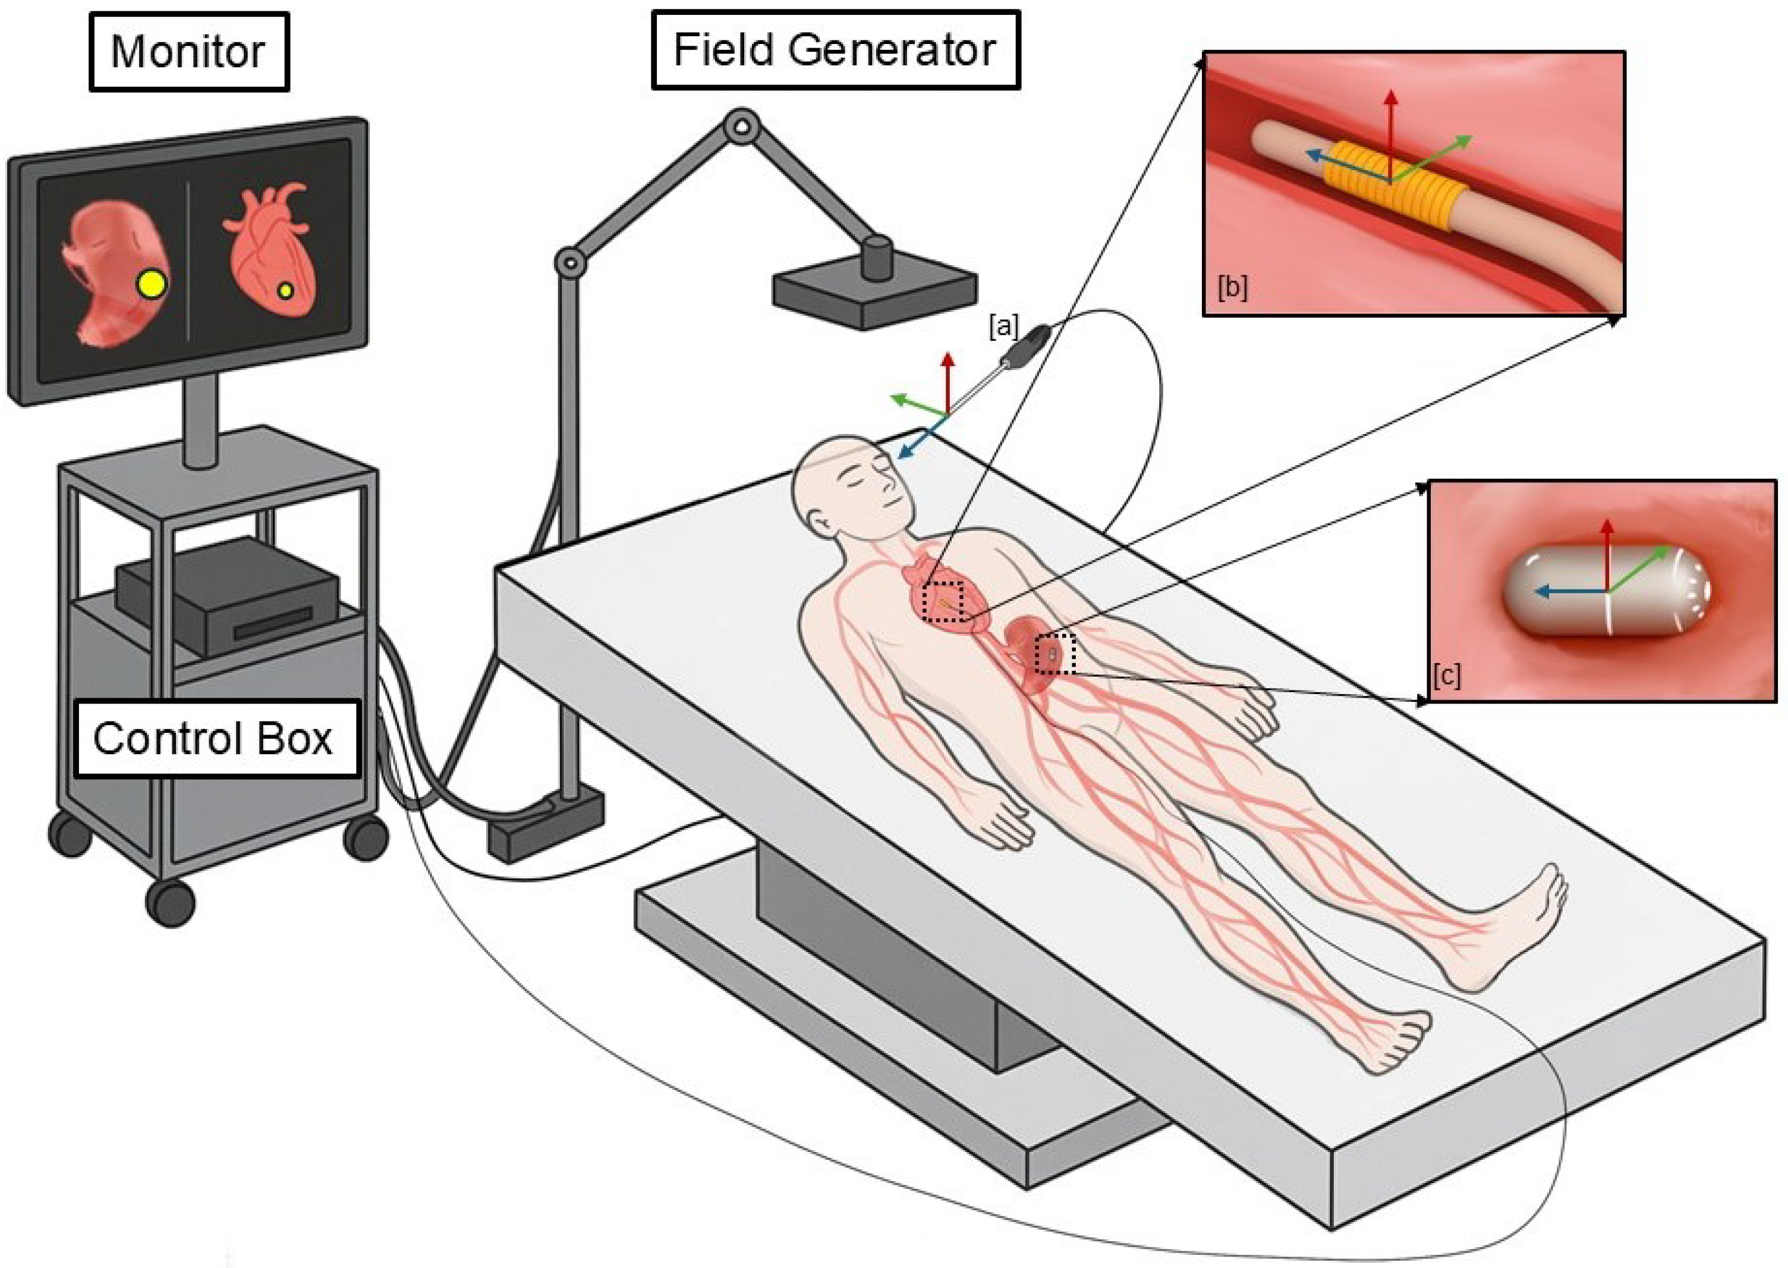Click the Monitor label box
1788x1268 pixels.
189,52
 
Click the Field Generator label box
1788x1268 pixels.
835,50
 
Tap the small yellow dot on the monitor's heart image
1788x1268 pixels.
286,290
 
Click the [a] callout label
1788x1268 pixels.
1003,327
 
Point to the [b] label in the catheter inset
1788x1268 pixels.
1232,288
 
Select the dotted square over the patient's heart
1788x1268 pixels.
943,601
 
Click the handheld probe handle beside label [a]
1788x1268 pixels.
1027,346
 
